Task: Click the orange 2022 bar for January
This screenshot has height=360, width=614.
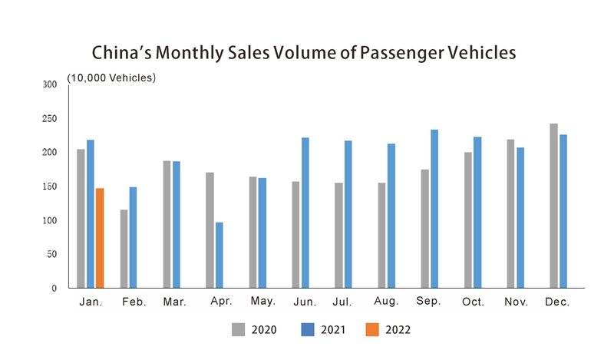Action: pyautogui.click(x=100, y=238)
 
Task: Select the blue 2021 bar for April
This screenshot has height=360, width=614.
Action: pyautogui.click(x=220, y=255)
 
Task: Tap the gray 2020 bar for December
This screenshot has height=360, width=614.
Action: pyautogui.click(x=553, y=206)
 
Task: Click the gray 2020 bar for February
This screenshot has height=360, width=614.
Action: pyautogui.click(x=124, y=249)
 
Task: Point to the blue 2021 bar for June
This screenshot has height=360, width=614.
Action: pyautogui.click(x=305, y=213)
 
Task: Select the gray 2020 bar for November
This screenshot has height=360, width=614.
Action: pyautogui.click(x=510, y=213)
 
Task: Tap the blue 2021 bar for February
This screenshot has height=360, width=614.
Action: pyautogui.click(x=134, y=237)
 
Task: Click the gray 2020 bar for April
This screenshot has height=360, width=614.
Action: pyautogui.click(x=210, y=230)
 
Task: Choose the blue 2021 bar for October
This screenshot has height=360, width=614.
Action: pyautogui.click(x=477, y=213)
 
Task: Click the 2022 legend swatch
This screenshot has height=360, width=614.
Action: pyautogui.click(x=371, y=329)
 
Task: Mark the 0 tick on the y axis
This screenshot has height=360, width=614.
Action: pyautogui.click(x=54, y=289)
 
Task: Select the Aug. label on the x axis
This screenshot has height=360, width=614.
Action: pyautogui.click(x=386, y=302)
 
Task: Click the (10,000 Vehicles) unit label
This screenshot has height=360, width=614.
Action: pyautogui.click(x=111, y=78)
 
